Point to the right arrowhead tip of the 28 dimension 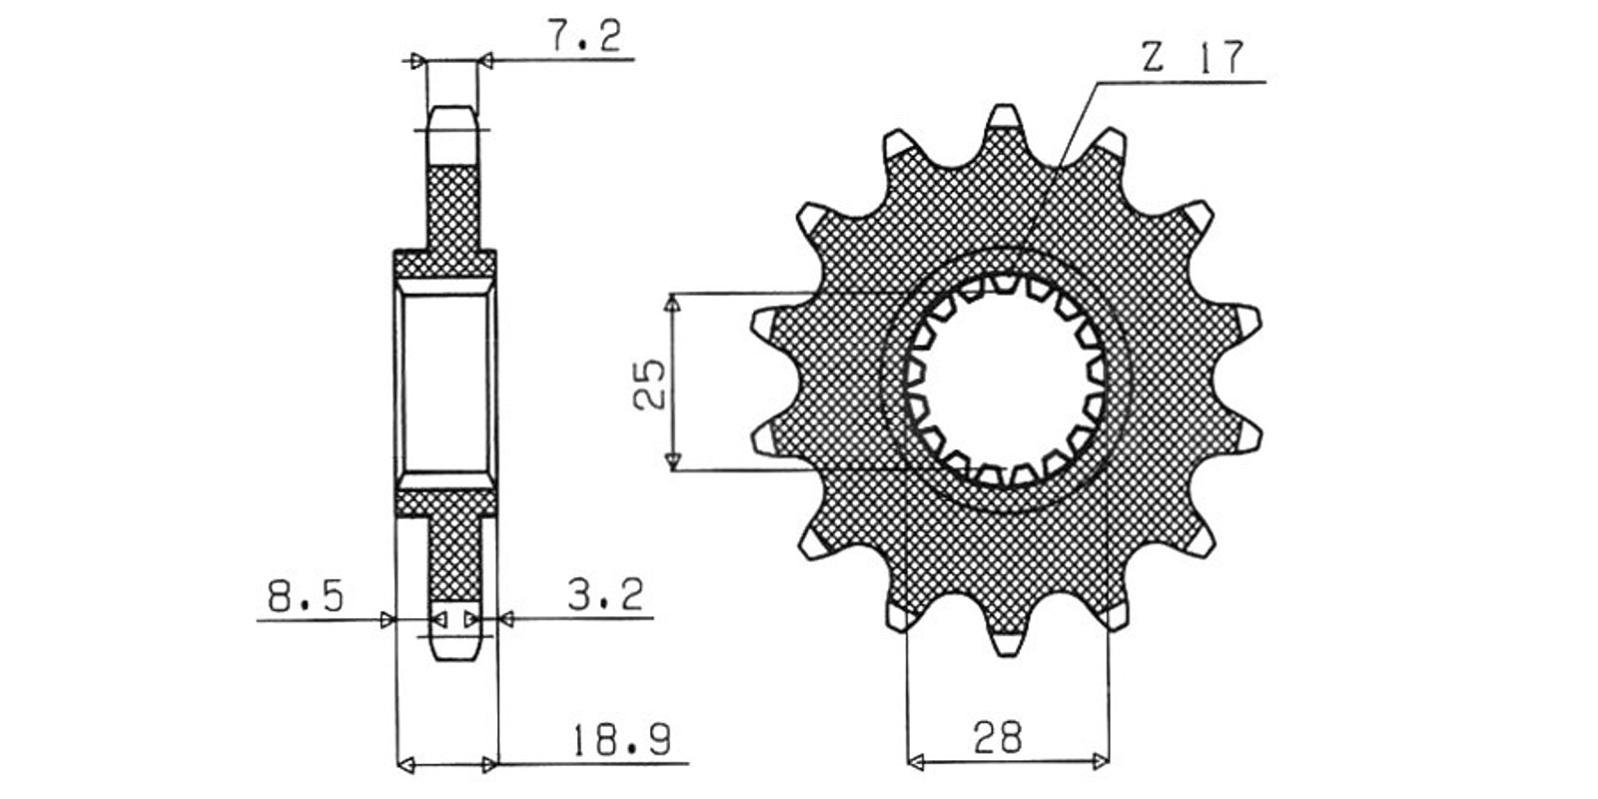pos(1110,761)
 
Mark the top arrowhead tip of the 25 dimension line pos(672,294)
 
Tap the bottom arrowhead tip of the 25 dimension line pos(672,469)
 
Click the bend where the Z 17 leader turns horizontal pos(1099,84)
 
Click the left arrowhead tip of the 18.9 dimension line pos(398,765)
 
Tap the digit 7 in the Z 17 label pos(1228,57)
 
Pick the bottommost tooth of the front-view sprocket pos(1006,637)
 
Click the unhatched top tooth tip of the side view pos(452,136)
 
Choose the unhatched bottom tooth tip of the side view pos(454,630)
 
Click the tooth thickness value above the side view pos(584,36)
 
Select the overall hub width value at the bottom pos(621,739)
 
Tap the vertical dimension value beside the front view pos(648,384)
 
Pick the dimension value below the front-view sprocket pos(998,737)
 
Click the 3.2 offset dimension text pos(605,594)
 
